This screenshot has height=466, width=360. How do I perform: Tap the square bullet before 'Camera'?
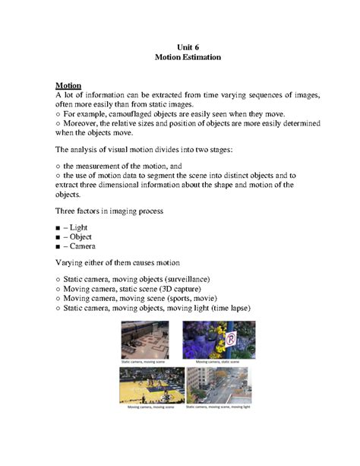tap(58, 247)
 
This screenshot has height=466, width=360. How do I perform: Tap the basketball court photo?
tap(152, 385)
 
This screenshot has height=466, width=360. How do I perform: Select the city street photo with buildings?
tap(219, 385)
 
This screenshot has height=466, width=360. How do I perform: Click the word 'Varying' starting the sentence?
tap(71, 263)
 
